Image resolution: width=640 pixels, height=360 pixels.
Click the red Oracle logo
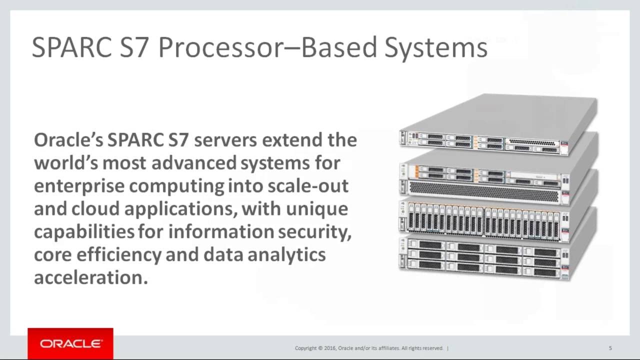[x=70, y=343]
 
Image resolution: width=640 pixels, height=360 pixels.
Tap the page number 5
[x=610, y=348]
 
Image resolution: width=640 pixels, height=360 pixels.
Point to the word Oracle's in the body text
[x=68, y=140]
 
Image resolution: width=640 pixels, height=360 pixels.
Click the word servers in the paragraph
[x=225, y=140]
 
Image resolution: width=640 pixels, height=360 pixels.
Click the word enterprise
[x=79, y=186]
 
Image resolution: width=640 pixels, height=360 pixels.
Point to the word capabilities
[x=84, y=232]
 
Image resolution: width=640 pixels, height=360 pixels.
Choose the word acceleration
[x=91, y=278]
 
